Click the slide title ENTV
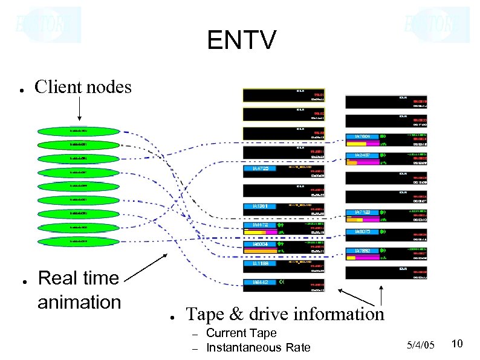point(241,41)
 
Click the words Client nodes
point(83,88)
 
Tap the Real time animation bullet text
point(79,289)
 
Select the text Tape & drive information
point(285,314)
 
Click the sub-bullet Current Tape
point(241,333)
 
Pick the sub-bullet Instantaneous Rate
point(258,347)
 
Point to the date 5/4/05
point(421,345)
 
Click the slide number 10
point(457,344)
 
